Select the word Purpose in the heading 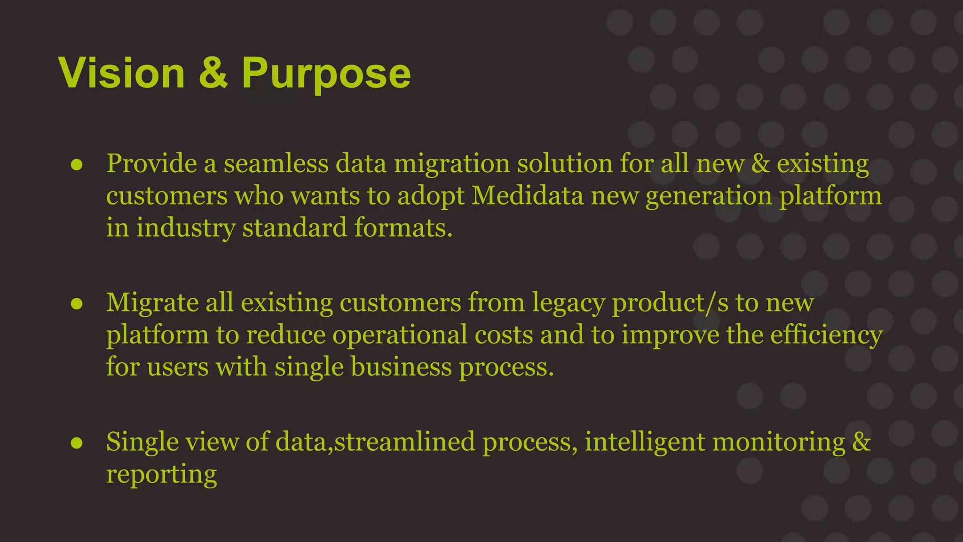pyautogui.click(x=326, y=74)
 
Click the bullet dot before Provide pyautogui.click(x=77, y=165)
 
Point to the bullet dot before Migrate pyautogui.click(x=77, y=303)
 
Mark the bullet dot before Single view pyautogui.click(x=77, y=443)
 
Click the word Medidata pyautogui.click(x=527, y=195)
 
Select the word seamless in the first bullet pyautogui.click(x=276, y=164)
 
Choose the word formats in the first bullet pyautogui.click(x=403, y=228)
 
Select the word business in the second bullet pyautogui.click(x=401, y=367)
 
